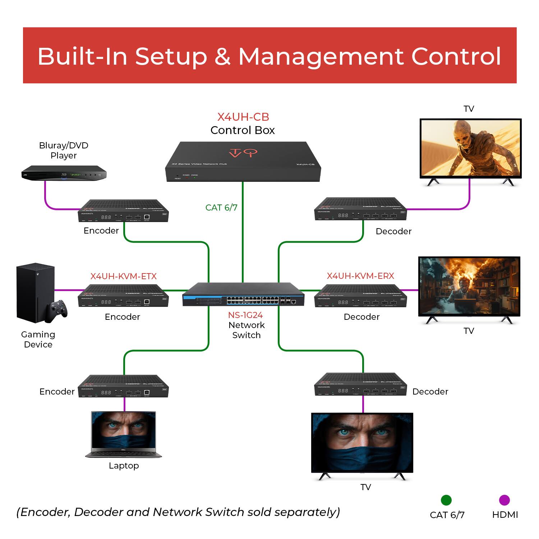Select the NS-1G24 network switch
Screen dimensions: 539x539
243,295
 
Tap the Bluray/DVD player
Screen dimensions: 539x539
64,173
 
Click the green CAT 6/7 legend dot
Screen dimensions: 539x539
446,500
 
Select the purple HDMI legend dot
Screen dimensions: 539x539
505,500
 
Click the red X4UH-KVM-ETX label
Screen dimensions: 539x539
123,276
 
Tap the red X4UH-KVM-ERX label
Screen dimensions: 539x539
360,276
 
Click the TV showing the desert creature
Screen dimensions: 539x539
470,148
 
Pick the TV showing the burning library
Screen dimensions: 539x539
469,286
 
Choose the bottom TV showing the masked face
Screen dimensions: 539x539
362,443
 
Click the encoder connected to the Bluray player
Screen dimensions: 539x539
123,211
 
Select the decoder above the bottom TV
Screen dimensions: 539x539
360,385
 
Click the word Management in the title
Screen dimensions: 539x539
321,56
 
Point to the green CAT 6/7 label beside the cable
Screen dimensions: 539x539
221,207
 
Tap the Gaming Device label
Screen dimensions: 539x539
38,339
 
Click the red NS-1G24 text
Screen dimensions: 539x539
245,315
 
